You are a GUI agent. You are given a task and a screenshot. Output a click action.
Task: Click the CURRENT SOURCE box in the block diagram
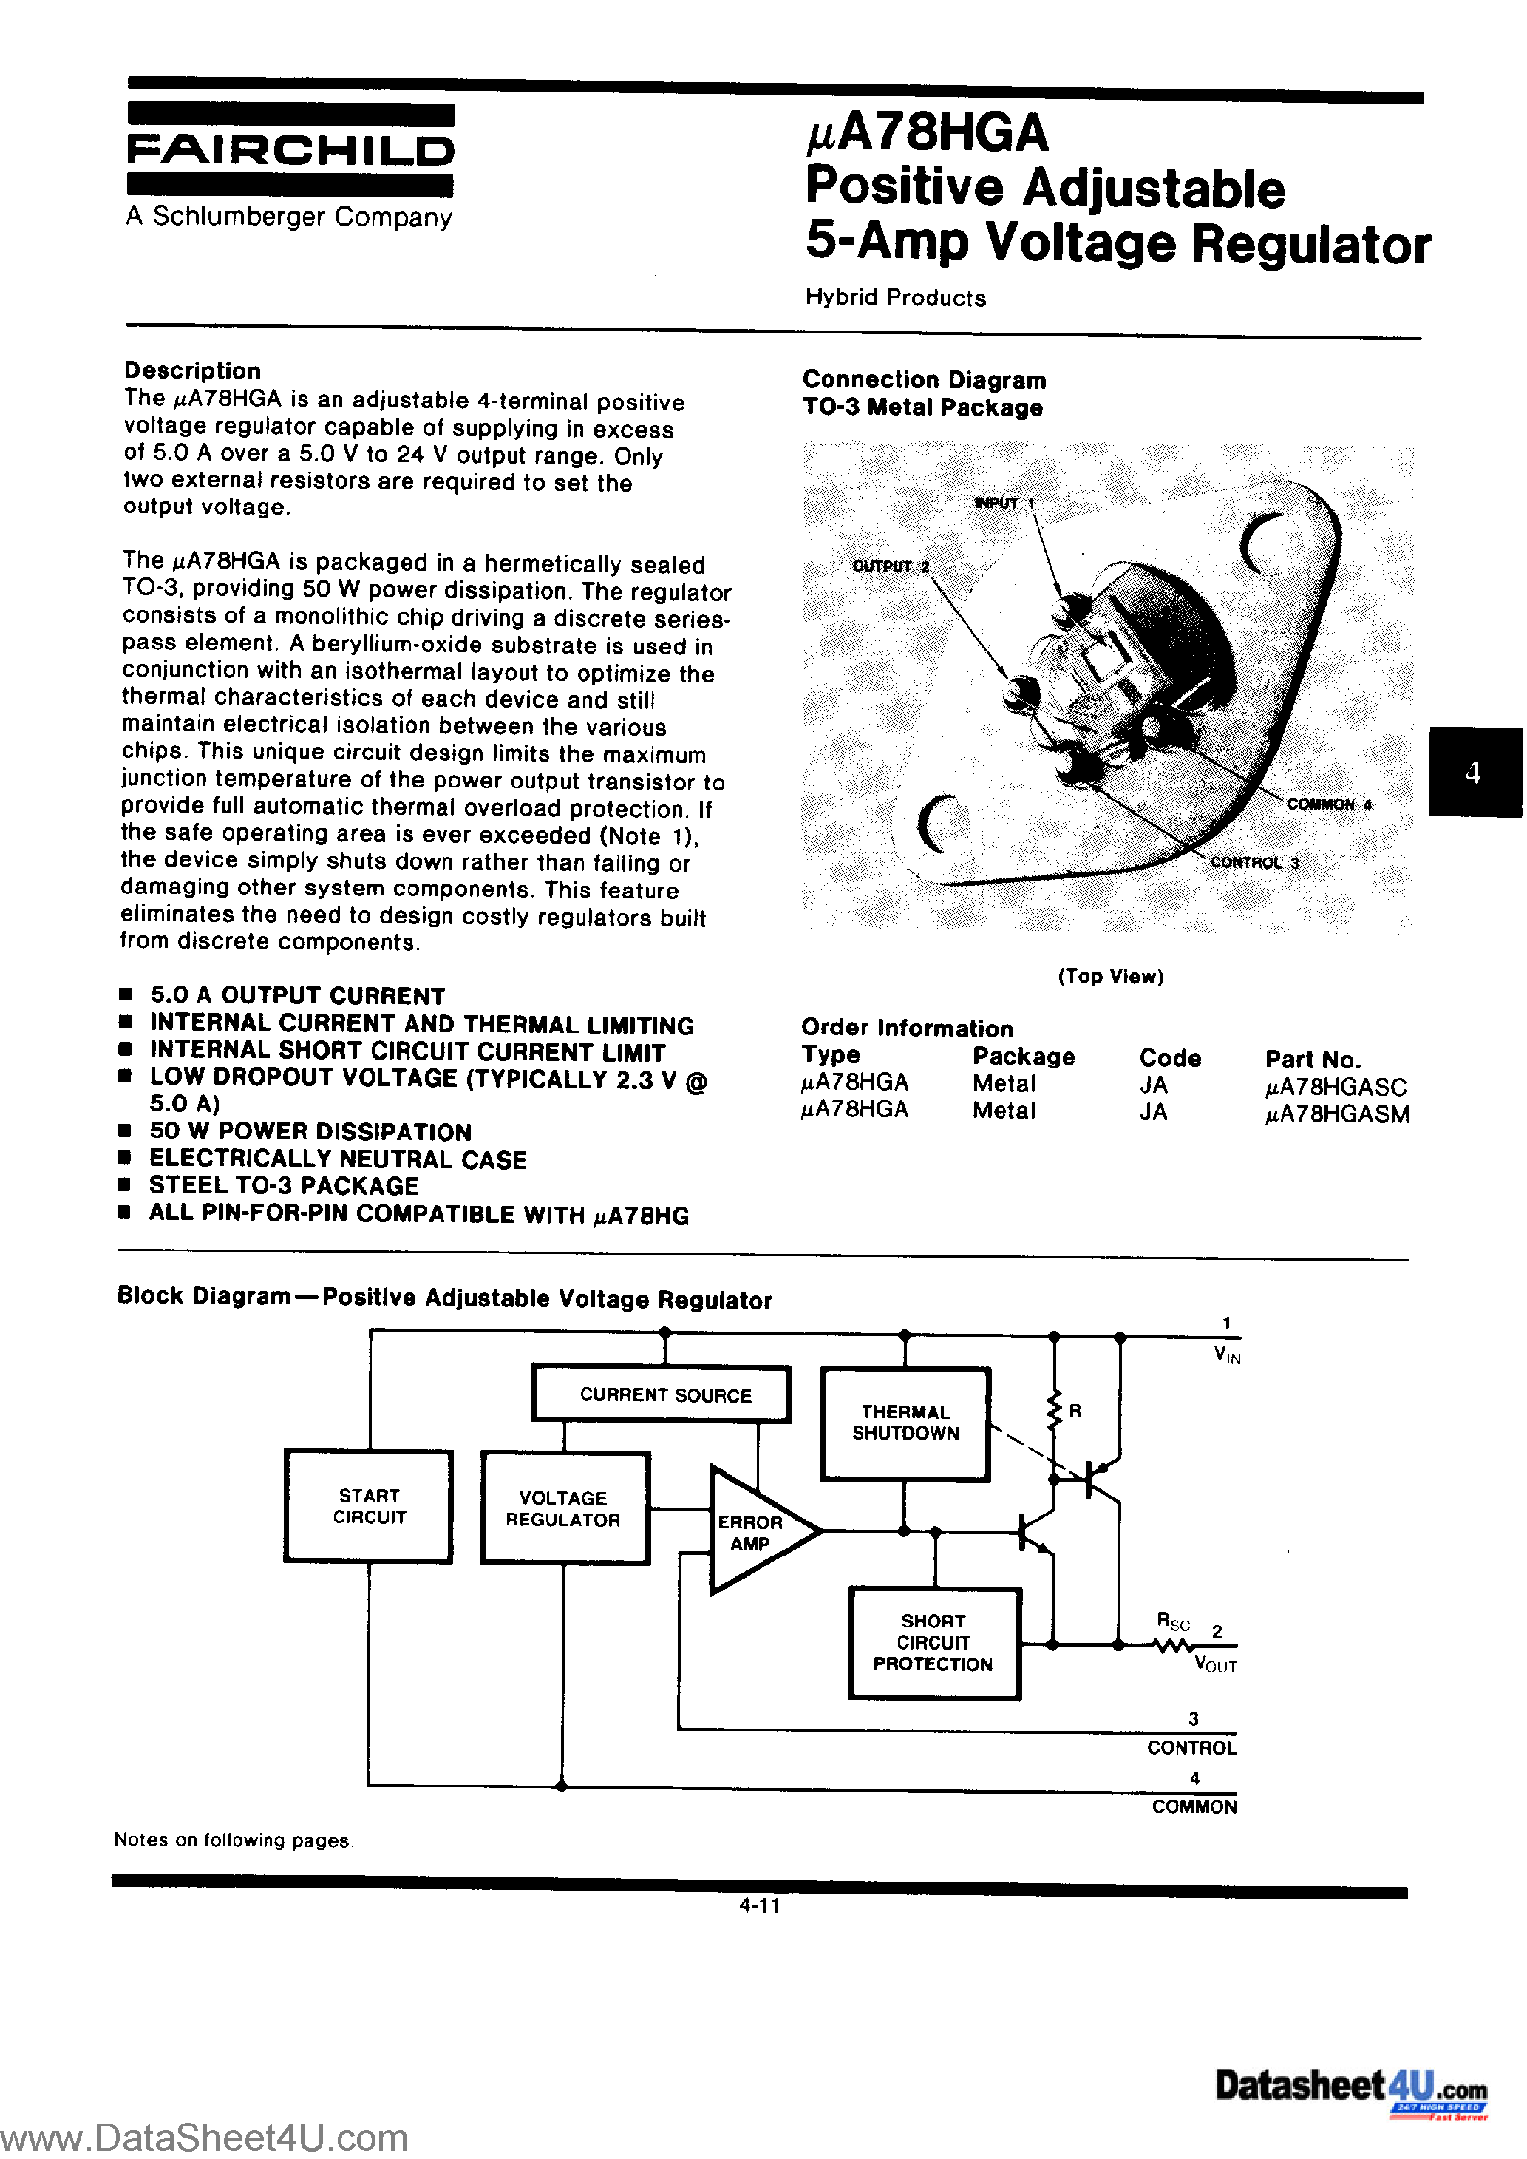coord(664,1395)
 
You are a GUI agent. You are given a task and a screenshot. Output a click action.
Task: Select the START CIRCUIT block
coord(369,1506)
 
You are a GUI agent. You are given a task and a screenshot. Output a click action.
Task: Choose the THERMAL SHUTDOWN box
coord(905,1423)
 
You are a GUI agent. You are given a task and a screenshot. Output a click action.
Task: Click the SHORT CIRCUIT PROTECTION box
coord(933,1643)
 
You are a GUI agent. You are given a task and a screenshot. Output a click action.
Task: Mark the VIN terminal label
coord(1227,1356)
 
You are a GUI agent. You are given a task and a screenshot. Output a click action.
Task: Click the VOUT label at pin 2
coord(1216,1665)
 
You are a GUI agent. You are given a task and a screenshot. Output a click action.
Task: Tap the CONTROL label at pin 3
coord(1191,1748)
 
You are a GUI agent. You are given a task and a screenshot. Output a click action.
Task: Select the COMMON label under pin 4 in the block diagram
coord(1194,1807)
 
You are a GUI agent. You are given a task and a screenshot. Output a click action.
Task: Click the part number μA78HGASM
coord(1337,1114)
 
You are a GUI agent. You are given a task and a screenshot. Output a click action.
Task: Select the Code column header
coord(1170,1058)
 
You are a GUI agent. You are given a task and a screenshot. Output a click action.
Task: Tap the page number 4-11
coord(760,1906)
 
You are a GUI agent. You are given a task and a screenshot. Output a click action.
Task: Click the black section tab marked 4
coord(1473,772)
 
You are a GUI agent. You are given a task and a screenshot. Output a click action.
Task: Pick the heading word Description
coord(193,370)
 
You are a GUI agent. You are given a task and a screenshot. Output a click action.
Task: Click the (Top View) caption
coord(1110,976)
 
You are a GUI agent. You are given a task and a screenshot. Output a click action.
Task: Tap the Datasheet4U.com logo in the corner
coord(1350,2087)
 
